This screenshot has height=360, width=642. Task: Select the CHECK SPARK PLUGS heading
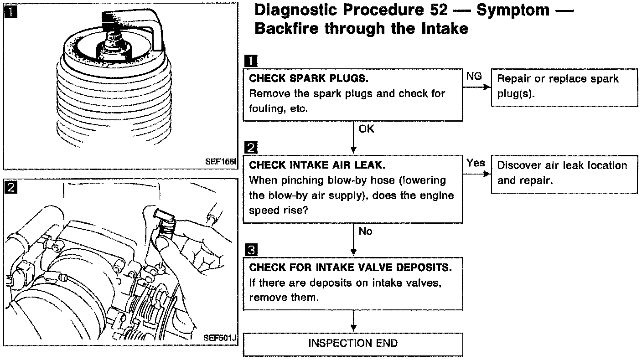tap(308, 78)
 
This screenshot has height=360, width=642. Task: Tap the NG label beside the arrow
tap(474, 77)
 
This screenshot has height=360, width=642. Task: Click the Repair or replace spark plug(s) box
tap(564, 87)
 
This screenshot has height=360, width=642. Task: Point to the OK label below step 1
tap(366, 129)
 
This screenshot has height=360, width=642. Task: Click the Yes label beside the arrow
tap(476, 163)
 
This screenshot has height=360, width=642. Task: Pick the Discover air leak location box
tap(564, 173)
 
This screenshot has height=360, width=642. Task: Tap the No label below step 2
tap(365, 231)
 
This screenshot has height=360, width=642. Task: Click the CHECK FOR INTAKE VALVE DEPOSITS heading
tap(350, 267)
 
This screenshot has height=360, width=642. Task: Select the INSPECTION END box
tap(353, 343)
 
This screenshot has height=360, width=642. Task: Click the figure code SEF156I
tap(220, 162)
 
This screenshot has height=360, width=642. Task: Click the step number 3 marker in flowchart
tap(251, 250)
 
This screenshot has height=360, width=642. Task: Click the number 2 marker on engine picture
tap(10, 187)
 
